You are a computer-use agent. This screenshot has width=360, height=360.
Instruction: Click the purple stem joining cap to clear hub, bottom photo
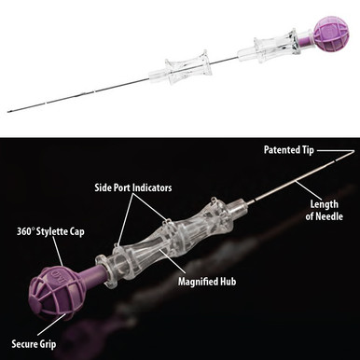(92, 270)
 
